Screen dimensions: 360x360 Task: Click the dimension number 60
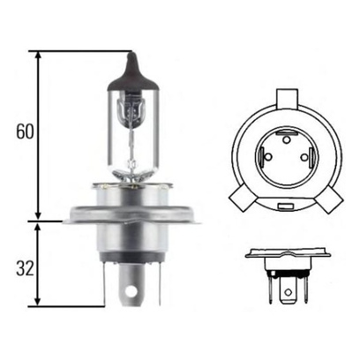[26, 131]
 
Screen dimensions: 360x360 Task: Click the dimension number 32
[26, 268]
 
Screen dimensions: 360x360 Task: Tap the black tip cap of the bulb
[133, 73]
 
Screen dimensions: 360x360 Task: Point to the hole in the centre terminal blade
[131, 292]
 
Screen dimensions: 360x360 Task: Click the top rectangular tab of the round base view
[287, 99]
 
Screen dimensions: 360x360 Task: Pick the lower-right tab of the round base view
[329, 199]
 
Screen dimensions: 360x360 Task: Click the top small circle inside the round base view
[286, 140]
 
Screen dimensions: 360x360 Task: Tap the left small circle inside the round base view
[268, 157]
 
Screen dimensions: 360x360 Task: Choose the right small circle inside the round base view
[304, 157]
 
